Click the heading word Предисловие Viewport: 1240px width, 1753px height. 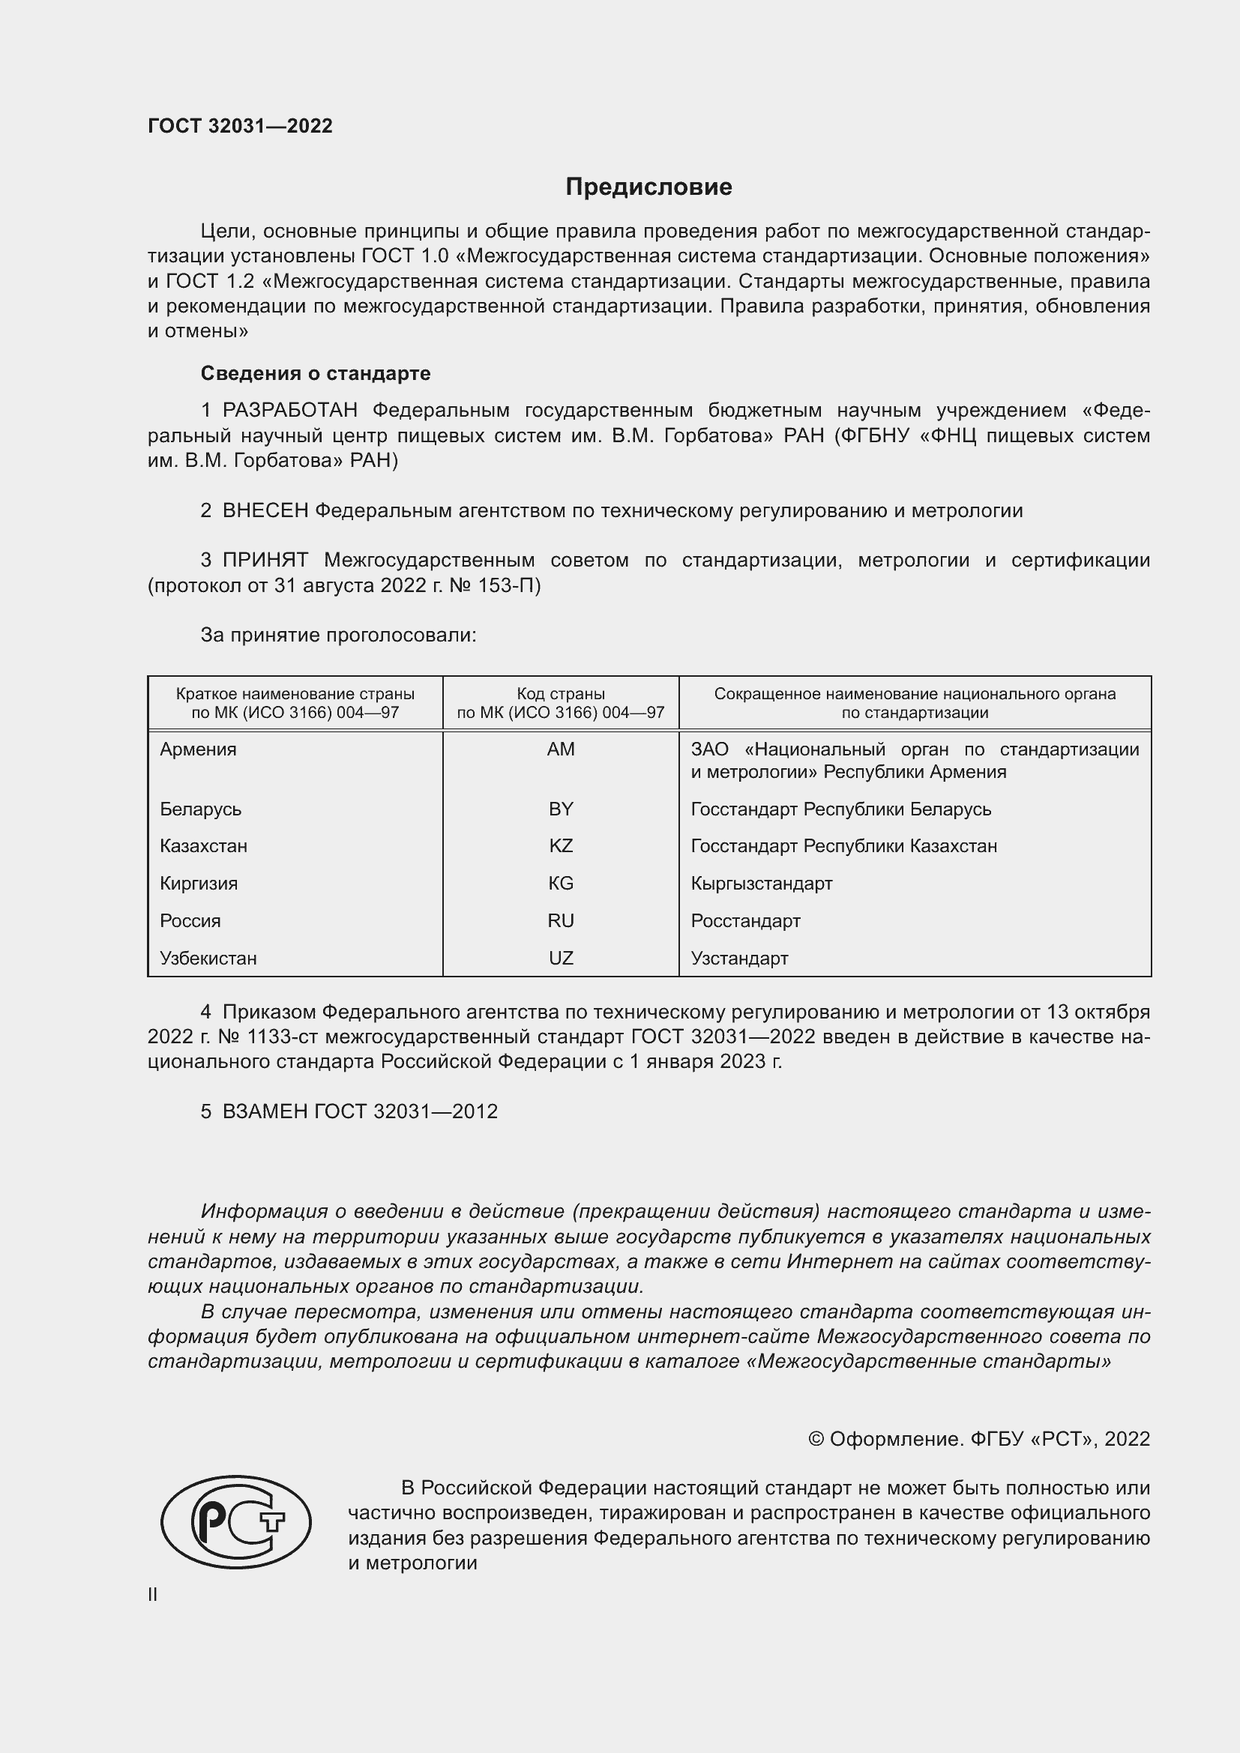point(648,187)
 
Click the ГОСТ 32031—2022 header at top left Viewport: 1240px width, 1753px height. point(240,126)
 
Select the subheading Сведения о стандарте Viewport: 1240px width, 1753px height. point(316,373)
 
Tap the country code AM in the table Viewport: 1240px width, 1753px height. point(561,749)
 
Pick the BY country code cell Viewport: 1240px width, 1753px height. point(561,809)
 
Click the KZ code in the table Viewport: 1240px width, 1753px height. point(561,846)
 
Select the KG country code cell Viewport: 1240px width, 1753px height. point(561,884)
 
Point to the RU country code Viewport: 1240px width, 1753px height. point(561,921)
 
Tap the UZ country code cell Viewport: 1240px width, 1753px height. point(561,959)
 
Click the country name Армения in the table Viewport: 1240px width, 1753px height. point(198,749)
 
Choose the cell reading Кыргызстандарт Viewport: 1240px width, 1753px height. point(761,884)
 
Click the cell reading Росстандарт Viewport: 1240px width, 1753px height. point(745,921)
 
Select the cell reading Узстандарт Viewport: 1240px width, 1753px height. point(739,959)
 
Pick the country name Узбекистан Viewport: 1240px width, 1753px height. point(208,959)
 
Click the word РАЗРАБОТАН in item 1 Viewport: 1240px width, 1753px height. point(289,411)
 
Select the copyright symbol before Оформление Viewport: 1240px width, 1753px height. point(816,1439)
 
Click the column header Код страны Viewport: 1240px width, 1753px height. point(561,694)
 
